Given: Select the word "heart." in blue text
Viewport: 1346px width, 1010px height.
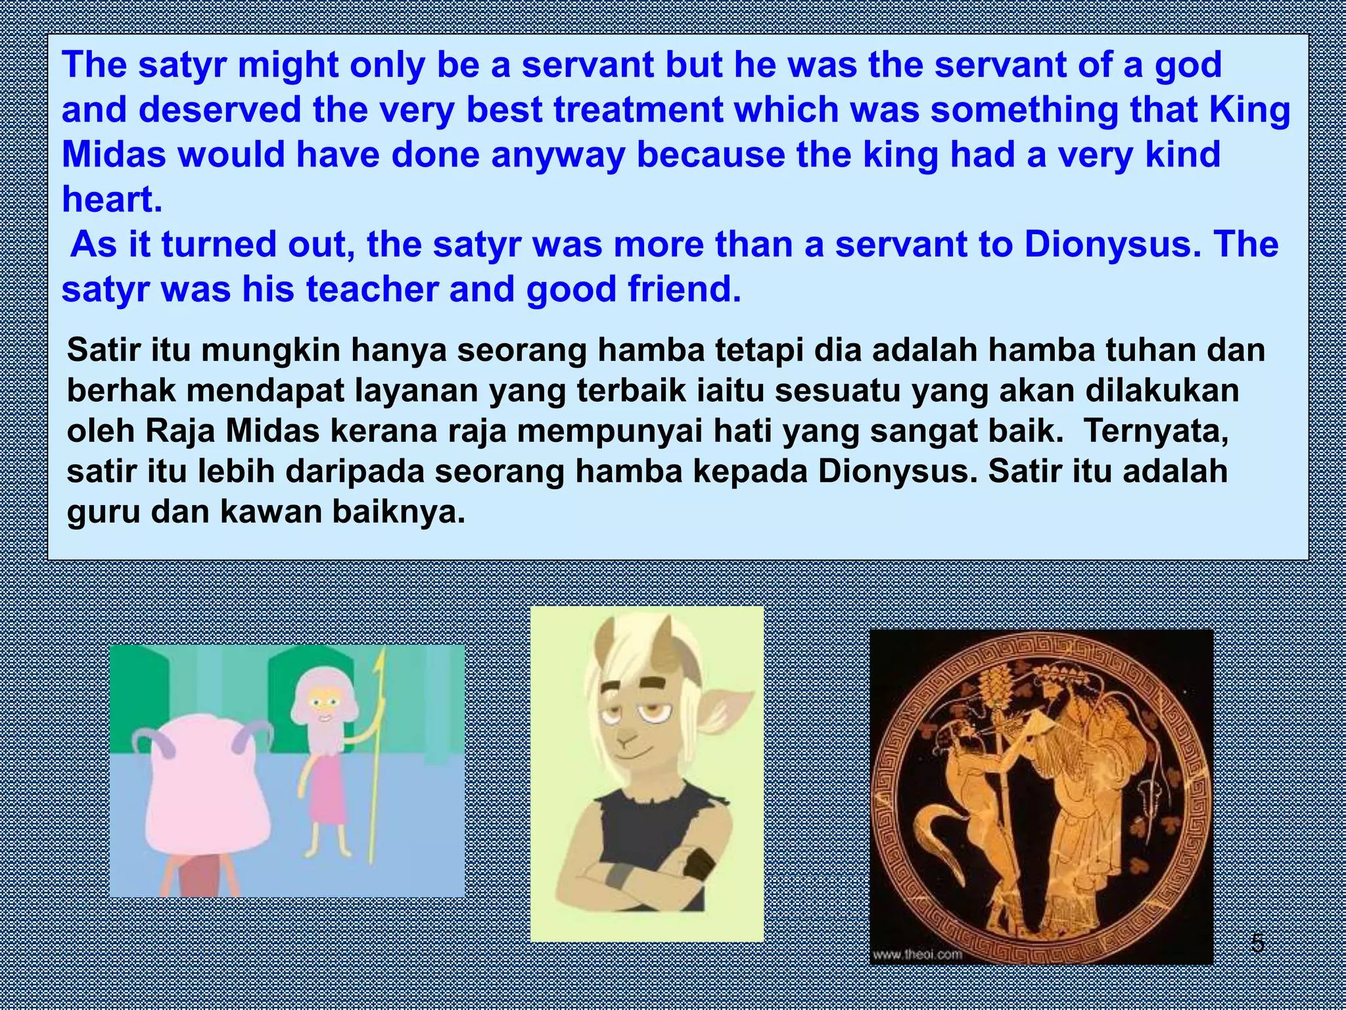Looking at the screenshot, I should pyautogui.click(x=112, y=199).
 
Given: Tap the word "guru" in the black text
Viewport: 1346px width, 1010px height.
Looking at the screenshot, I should pyautogui.click(x=103, y=512).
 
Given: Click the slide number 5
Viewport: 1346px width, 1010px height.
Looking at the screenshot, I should pyautogui.click(x=1257, y=944).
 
